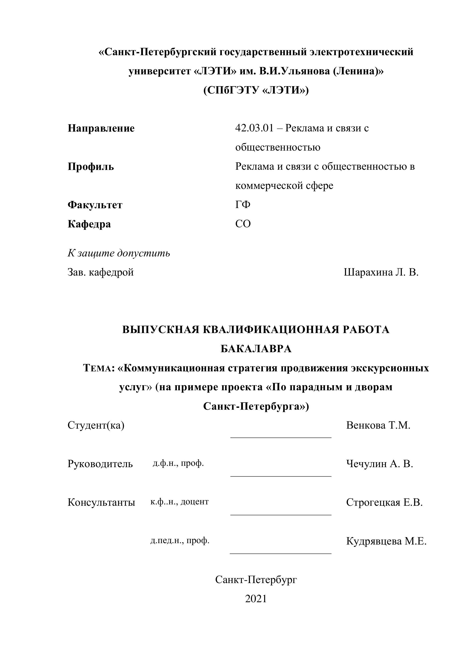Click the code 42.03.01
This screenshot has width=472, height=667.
[x=254, y=128]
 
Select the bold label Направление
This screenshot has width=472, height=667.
[x=101, y=128]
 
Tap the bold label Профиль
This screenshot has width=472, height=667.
[x=91, y=167]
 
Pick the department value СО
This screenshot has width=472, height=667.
[x=243, y=224]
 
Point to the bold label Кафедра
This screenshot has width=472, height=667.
[x=89, y=224]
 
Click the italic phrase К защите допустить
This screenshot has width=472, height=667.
[x=119, y=253]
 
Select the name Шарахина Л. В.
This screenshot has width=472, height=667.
[x=381, y=272]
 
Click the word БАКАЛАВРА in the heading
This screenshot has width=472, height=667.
[x=256, y=349]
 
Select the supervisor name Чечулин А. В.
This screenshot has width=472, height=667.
[x=380, y=464]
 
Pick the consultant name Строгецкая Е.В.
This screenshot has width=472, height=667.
[x=384, y=502]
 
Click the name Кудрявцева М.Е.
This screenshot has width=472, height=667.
[x=386, y=541]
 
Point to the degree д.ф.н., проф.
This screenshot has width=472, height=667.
[x=178, y=463]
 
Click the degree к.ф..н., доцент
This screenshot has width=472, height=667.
[x=179, y=502]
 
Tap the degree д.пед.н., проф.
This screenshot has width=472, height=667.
[x=180, y=540]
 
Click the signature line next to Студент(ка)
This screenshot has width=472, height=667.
[x=281, y=437]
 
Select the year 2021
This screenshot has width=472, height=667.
[x=256, y=599]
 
